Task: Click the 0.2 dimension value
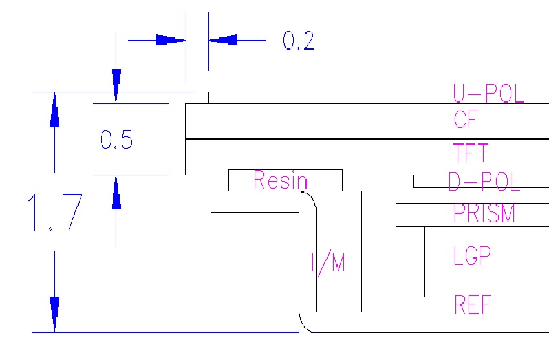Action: tap(298, 41)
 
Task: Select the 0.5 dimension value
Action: tap(116, 140)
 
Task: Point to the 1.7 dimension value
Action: tap(54, 213)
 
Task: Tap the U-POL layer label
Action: tap(488, 94)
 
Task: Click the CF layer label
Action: tap(466, 120)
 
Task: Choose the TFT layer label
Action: tap(470, 153)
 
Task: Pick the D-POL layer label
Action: tap(484, 182)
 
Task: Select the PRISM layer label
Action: tap(484, 213)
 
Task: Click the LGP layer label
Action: tap(472, 256)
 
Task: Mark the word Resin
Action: tap(280, 180)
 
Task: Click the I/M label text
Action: tap(328, 263)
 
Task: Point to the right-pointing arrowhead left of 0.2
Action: tap(171, 40)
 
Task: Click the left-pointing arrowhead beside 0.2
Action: tap(223, 40)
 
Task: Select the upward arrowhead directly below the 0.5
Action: tap(116, 193)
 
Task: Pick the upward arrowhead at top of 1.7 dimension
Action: tap(54, 110)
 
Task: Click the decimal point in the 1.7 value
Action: tap(51, 229)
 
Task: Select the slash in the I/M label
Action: tap(325, 264)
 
